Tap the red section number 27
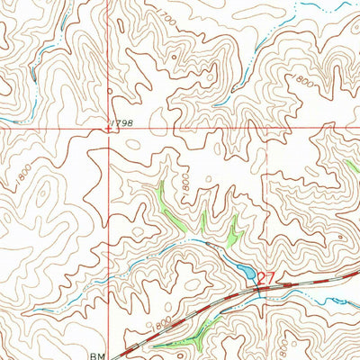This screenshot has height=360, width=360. coord(265,277)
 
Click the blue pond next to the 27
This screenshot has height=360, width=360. coord(244,271)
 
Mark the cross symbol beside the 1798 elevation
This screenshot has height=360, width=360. coord(110,128)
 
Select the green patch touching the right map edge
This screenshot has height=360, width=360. coord(352,166)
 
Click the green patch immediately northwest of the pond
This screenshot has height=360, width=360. coord(233,235)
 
